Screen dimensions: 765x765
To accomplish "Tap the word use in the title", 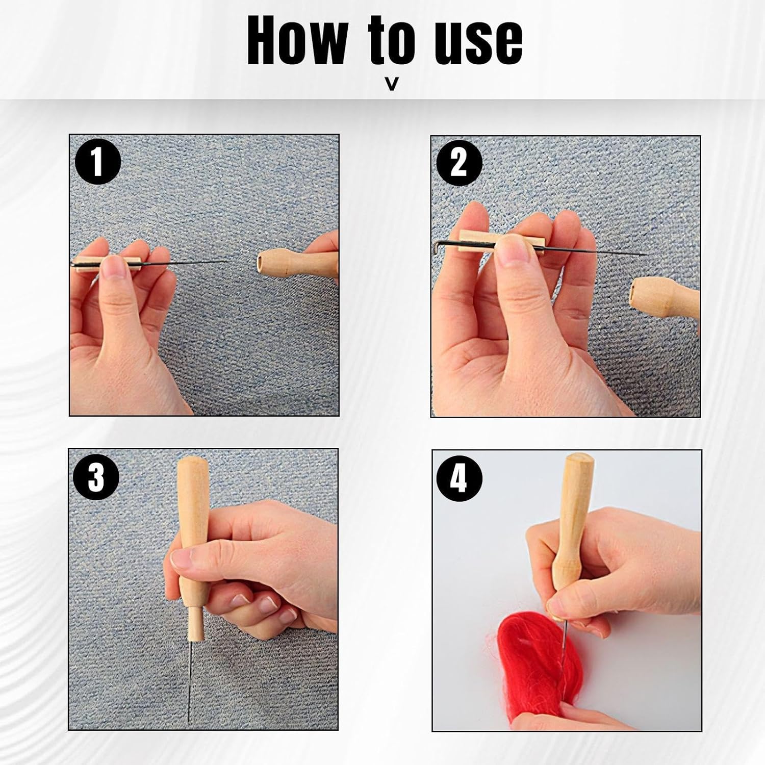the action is pyautogui.click(x=478, y=43).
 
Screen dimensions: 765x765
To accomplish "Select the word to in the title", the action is pyautogui.click(x=391, y=41).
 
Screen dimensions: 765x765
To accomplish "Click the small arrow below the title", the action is pyautogui.click(x=392, y=84).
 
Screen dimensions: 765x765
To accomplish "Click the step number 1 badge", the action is pyautogui.click(x=97, y=162).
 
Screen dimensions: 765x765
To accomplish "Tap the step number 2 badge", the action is pyautogui.click(x=459, y=163).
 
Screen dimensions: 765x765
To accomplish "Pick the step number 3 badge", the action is pyautogui.click(x=96, y=478).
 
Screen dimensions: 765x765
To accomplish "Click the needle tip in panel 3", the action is pyautogui.click(x=189, y=720).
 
